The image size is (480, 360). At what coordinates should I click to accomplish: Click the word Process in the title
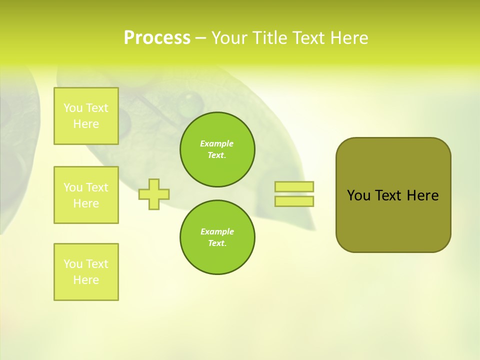coord(157,38)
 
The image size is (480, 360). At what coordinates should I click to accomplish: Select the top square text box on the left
coord(86,116)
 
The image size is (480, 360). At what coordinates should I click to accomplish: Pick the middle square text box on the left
coord(86,195)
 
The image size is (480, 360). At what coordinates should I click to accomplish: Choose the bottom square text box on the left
coord(86,272)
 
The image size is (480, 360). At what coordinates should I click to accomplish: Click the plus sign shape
coord(154,194)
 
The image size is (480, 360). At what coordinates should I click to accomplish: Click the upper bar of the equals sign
coord(294,186)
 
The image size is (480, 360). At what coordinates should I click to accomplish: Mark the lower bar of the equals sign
coord(294,201)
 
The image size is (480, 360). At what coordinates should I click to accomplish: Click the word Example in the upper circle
coord(217,143)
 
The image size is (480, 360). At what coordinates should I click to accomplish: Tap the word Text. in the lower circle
coord(217,243)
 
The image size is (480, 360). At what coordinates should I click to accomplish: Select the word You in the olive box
coord(358,195)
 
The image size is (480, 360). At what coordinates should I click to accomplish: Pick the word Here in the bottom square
coord(86,280)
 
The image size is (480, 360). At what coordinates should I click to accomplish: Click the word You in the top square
coord(73,108)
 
